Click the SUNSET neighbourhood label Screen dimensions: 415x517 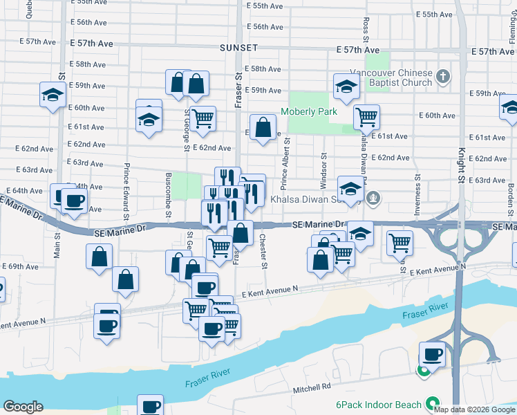point(238,48)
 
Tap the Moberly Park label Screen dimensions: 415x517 point(308,111)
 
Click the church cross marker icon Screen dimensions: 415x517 point(443,76)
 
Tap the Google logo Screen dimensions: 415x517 point(23,407)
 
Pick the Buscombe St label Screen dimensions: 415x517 point(169,196)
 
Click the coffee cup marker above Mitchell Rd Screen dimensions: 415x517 point(433,354)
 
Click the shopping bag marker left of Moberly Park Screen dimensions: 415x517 point(263,127)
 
